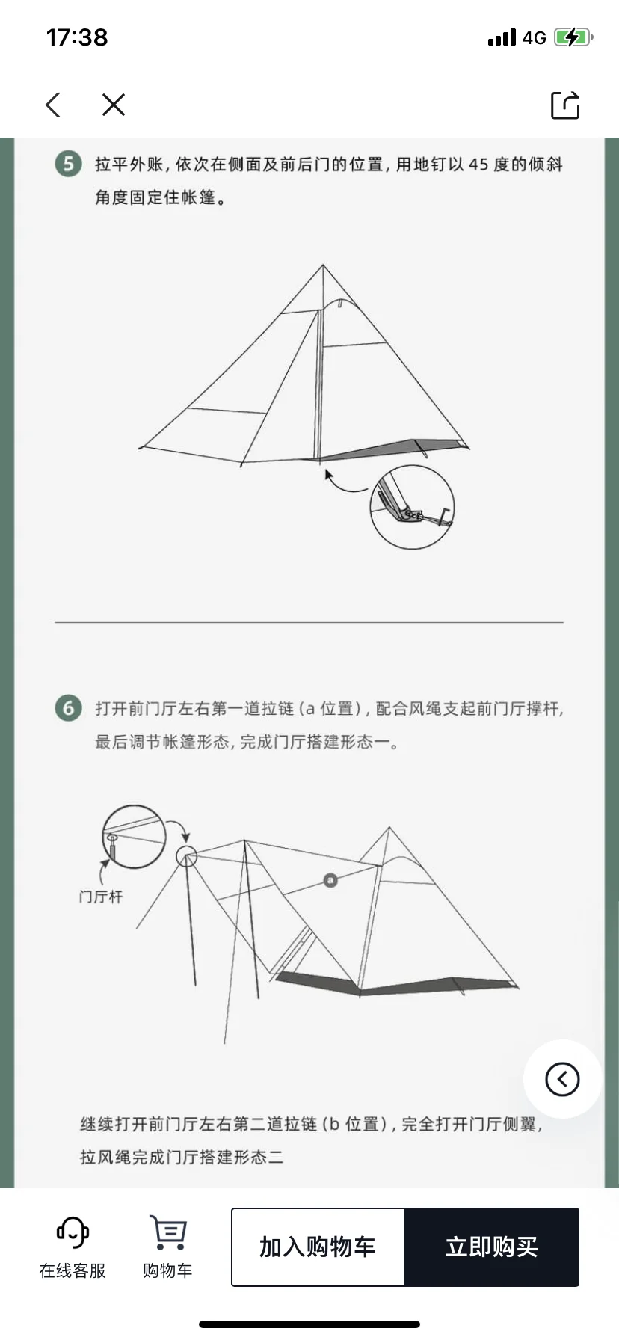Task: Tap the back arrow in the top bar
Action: tap(52, 105)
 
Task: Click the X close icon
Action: tap(114, 105)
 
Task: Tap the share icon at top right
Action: tap(565, 105)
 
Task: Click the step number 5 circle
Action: tap(68, 164)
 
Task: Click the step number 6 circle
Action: tap(68, 707)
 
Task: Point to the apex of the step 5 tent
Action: tap(323, 265)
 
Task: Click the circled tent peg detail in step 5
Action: tap(412, 507)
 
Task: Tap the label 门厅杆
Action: tap(101, 897)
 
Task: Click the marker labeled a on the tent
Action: tap(330, 880)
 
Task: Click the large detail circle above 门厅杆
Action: tap(134, 837)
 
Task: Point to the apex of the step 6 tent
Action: tap(389, 827)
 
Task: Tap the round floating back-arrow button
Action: tap(562, 1079)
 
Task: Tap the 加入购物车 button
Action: tap(318, 1247)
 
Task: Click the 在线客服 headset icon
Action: tap(73, 1232)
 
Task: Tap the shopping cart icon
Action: tap(168, 1232)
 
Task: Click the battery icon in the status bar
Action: tap(573, 37)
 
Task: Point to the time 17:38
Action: tap(77, 37)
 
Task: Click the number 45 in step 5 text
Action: tap(479, 165)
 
